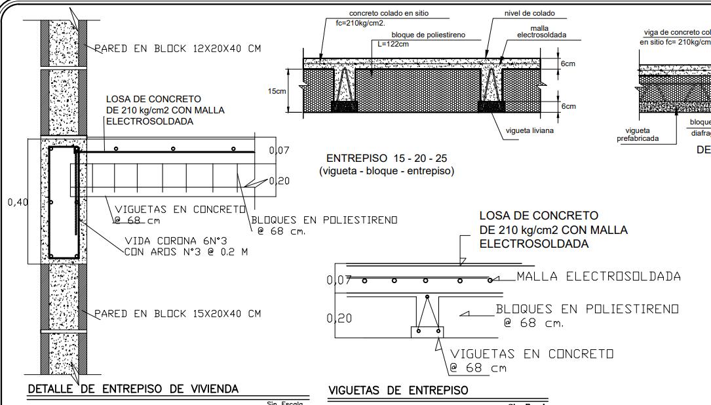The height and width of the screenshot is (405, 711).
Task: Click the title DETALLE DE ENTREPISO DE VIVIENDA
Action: pos(132,389)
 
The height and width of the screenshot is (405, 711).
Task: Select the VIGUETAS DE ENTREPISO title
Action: pos(398,391)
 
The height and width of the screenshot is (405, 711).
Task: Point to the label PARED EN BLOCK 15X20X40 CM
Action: pos(178,314)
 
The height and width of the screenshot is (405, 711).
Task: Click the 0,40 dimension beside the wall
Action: pos(18,202)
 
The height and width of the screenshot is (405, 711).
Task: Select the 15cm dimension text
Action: pos(278,91)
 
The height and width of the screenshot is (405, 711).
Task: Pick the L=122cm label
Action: pos(393,44)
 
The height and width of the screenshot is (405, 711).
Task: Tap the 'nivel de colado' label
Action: pos(529,13)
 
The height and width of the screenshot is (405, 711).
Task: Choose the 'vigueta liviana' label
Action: pos(529,130)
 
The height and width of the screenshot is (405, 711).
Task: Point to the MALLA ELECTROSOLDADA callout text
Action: pos(598,277)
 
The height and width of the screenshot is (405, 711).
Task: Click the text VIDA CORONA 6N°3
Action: pos(175,240)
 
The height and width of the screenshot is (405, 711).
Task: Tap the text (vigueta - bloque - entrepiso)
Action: pos(387,172)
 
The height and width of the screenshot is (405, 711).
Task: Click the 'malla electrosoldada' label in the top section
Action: pos(541,31)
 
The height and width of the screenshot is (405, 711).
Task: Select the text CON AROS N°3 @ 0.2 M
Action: pos(185,252)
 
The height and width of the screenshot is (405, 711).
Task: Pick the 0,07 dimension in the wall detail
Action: pos(279,151)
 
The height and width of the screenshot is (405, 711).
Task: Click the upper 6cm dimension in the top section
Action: pos(568,64)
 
